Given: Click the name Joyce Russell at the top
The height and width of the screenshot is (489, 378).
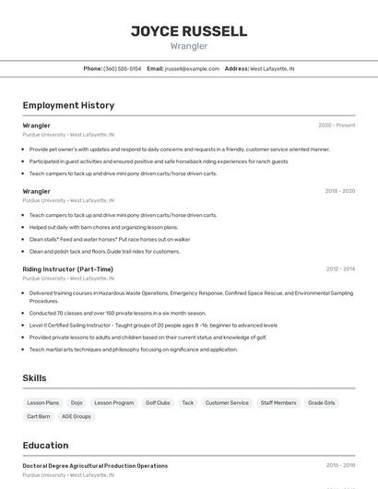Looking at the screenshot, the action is [x=189, y=30].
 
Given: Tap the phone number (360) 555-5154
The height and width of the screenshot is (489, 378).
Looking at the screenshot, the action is [x=122, y=68].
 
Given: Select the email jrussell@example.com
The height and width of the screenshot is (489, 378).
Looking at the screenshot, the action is [x=192, y=68].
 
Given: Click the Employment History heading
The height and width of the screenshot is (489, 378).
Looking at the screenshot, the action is [x=68, y=105].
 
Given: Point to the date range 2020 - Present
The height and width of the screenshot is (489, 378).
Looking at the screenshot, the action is [x=337, y=125].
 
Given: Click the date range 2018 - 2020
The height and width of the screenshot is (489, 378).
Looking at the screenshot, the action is [x=339, y=191].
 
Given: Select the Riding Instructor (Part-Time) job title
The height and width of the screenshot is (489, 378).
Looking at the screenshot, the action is [x=68, y=268].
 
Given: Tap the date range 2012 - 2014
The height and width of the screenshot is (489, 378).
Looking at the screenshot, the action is [x=339, y=268].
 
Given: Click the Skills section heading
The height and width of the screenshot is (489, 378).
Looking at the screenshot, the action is [x=35, y=378].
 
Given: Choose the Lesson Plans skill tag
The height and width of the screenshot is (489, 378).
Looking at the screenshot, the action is [x=42, y=402].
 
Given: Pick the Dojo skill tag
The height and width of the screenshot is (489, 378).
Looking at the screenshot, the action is [x=77, y=402].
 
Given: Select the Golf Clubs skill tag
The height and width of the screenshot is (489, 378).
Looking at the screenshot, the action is [x=158, y=402].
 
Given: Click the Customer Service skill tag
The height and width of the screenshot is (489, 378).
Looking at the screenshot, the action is [x=227, y=402].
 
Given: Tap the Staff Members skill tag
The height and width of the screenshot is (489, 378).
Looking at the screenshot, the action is [x=278, y=402].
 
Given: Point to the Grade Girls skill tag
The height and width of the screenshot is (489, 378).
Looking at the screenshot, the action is [x=322, y=402].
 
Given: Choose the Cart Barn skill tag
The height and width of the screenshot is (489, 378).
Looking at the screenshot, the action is [x=38, y=416].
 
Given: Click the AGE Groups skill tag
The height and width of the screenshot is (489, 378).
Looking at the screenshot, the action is [x=76, y=416].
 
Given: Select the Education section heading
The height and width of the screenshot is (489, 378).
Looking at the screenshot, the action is [x=45, y=445].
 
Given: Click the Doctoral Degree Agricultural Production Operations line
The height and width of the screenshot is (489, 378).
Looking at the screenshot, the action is [x=95, y=466].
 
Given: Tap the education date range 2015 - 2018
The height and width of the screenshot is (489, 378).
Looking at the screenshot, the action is [x=339, y=466].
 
